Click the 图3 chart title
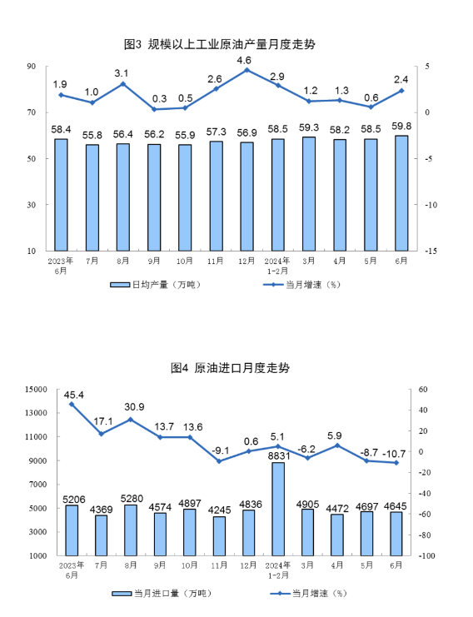(220, 44)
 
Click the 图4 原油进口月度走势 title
(230, 368)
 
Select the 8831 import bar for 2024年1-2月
(278, 509)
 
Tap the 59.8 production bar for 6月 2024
(401, 193)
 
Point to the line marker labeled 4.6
(246, 71)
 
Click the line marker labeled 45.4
(72, 404)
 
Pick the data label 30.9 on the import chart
(134, 407)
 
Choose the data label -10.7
(394, 454)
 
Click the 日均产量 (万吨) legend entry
(156, 285)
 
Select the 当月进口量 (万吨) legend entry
(162, 593)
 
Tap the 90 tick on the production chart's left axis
(32, 66)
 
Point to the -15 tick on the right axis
(431, 251)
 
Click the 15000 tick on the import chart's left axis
(36, 389)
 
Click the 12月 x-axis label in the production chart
(246, 261)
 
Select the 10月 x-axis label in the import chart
(189, 565)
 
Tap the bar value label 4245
(220, 510)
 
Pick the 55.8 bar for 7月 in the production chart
(92, 197)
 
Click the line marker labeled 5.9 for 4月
(336, 445)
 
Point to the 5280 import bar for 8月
(131, 530)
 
